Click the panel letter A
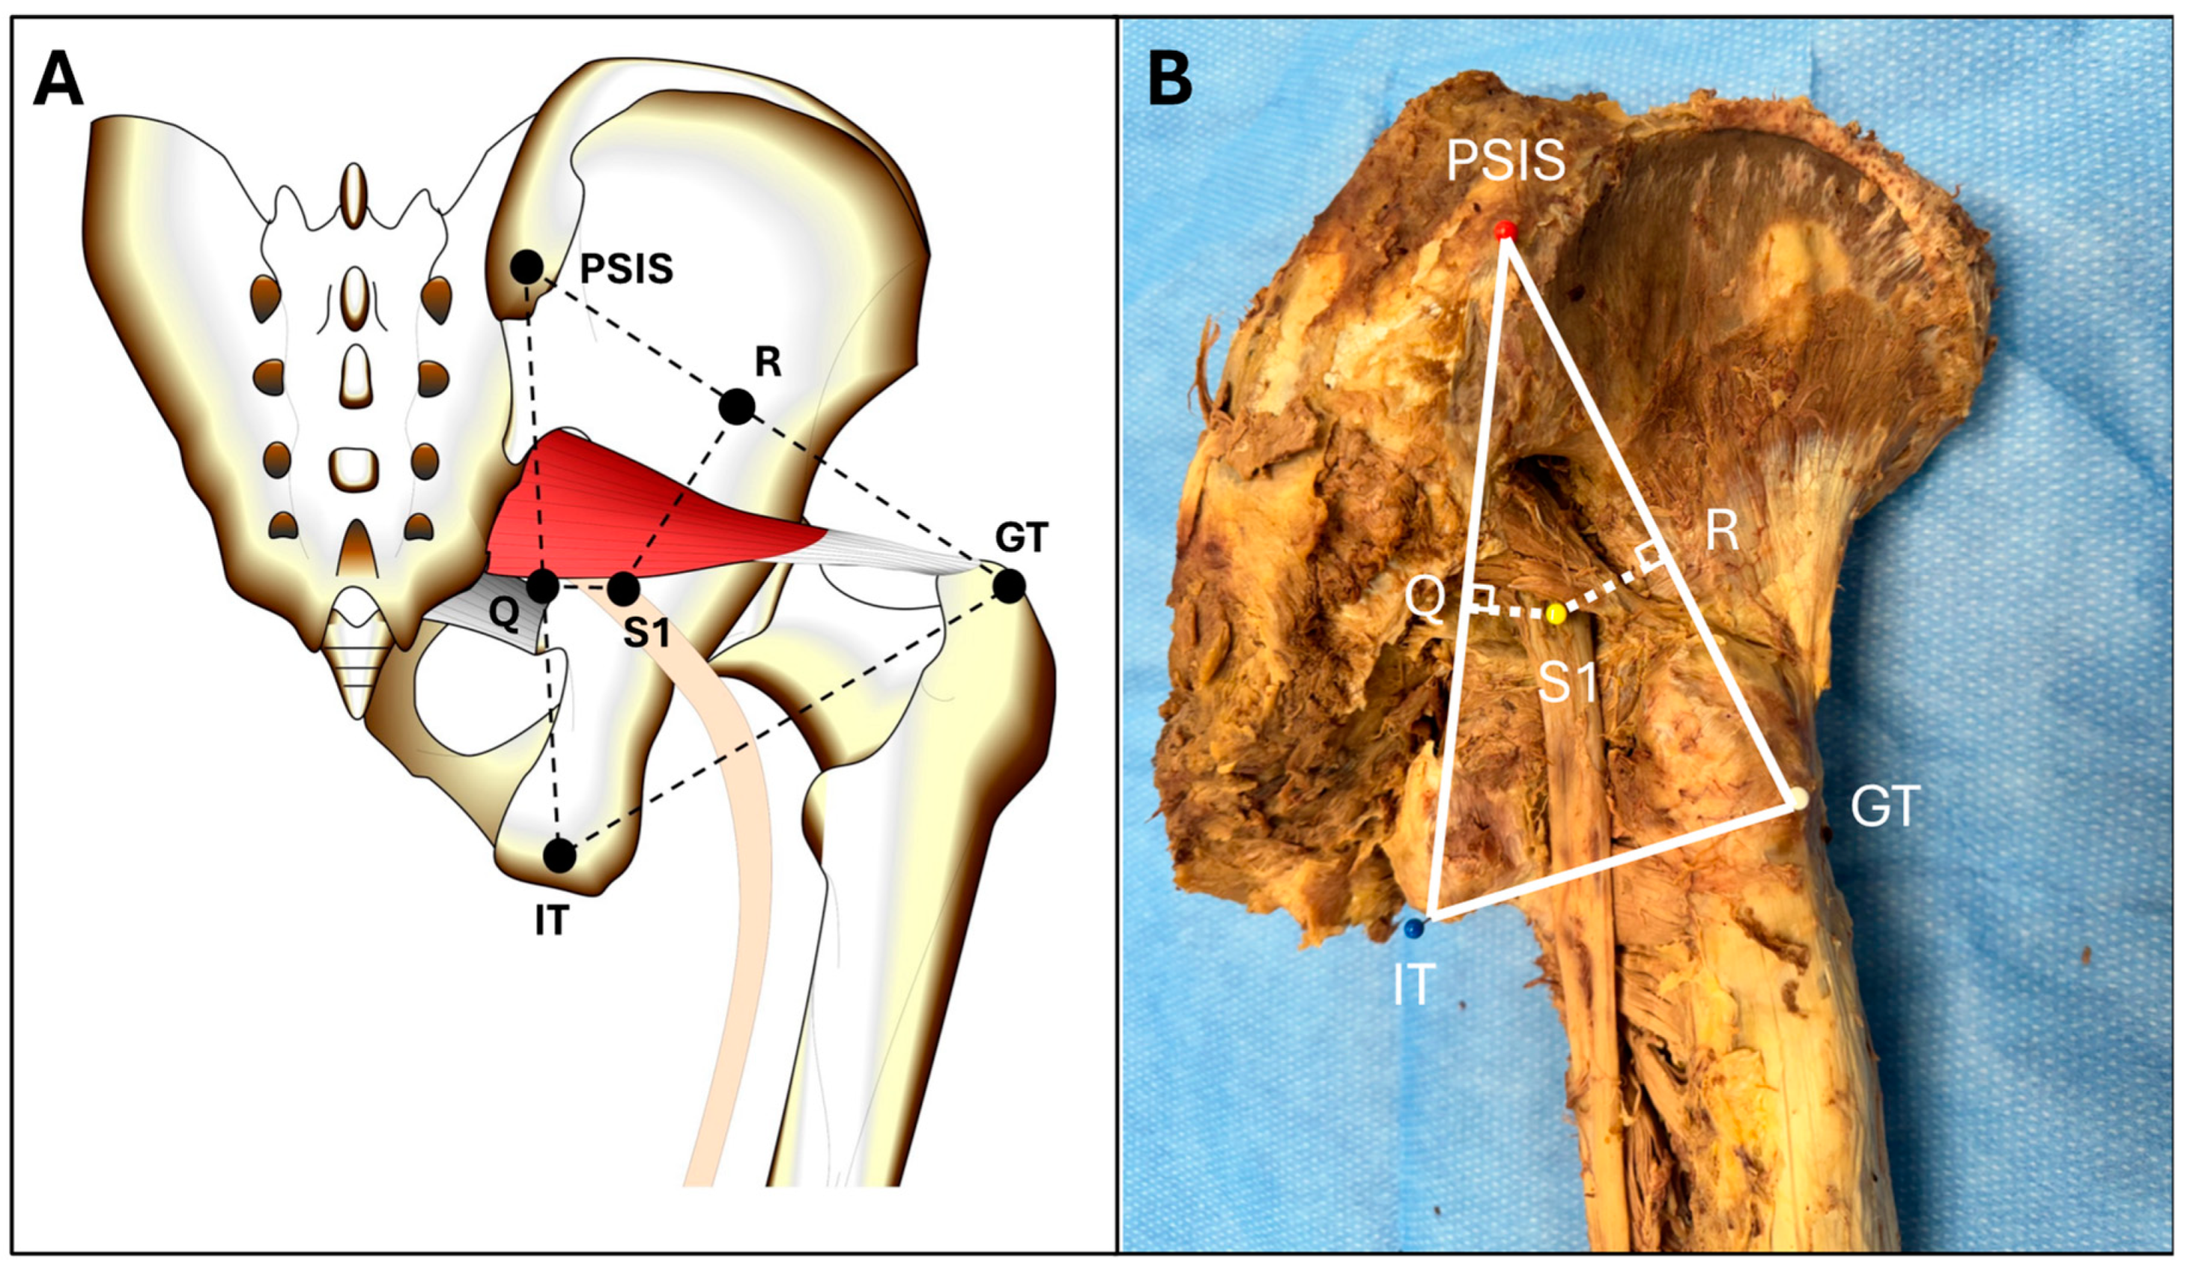[58, 81]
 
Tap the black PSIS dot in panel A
[526, 267]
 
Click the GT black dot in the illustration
[1009, 587]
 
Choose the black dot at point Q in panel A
[543, 587]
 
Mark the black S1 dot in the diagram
[623, 589]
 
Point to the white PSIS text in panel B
[1506, 162]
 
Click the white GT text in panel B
[1884, 808]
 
